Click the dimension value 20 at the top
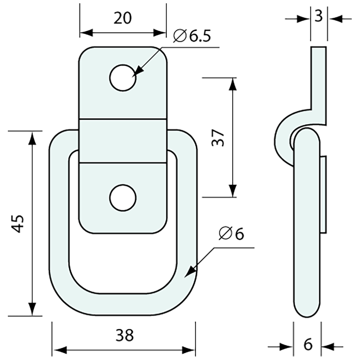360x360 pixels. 123,18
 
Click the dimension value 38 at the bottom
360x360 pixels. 125,335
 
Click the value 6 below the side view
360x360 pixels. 308,345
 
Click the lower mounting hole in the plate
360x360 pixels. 123,198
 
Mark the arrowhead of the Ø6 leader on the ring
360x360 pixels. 192,271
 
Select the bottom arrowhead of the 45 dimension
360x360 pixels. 32,309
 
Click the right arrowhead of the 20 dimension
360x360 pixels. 160,32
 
